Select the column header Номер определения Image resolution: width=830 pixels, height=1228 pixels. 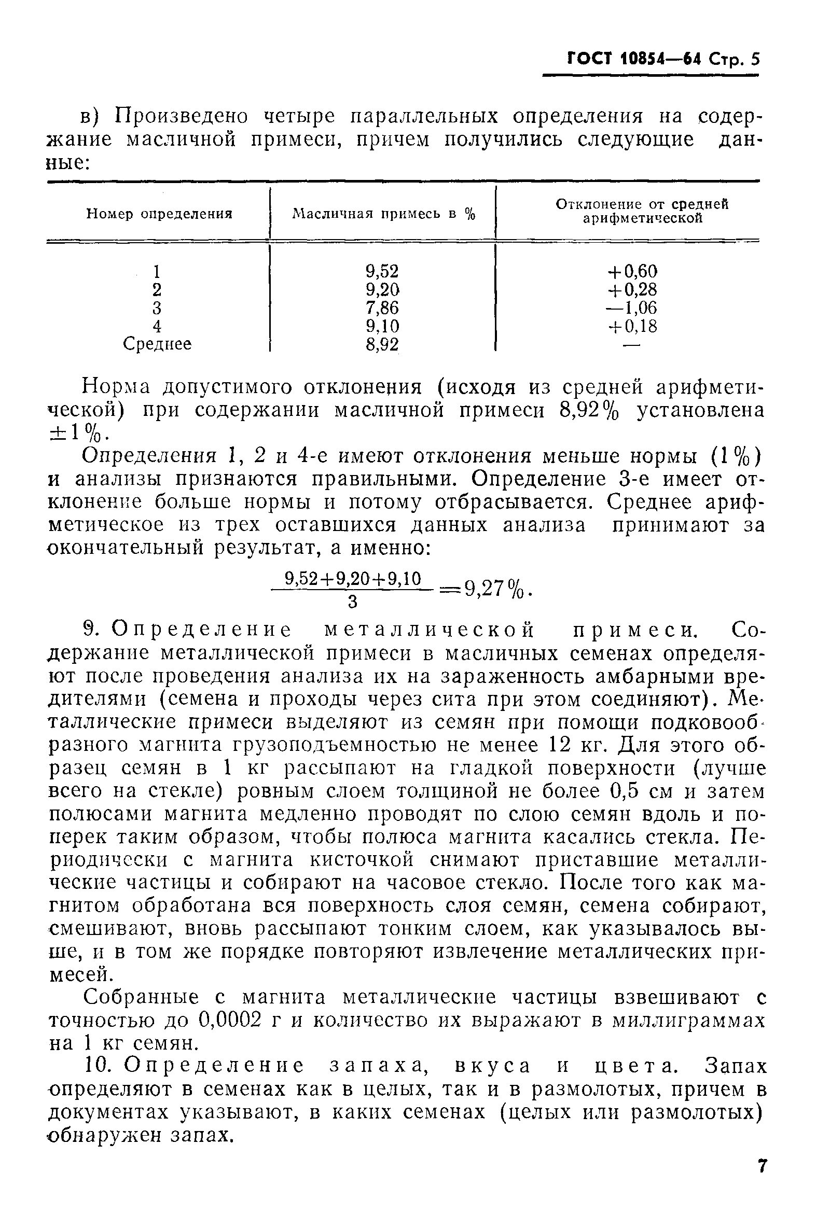159,214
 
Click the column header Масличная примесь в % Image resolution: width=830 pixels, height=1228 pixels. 383,214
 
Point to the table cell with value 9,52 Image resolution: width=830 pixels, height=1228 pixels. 382,271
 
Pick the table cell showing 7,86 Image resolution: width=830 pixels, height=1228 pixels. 382,308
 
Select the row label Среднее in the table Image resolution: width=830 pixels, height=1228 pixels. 157,344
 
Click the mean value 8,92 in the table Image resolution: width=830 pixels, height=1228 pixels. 382,344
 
